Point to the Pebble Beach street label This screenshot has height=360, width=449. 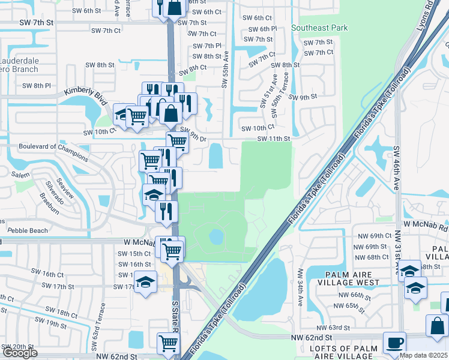[x=27, y=230]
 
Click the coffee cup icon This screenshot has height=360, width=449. [x=394, y=343]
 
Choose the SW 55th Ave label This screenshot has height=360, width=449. [x=226, y=68]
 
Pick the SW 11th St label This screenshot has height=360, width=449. [x=274, y=139]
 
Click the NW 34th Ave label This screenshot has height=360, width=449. [x=300, y=281]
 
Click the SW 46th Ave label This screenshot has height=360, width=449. [x=396, y=167]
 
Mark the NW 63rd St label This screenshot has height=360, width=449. [x=333, y=328]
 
